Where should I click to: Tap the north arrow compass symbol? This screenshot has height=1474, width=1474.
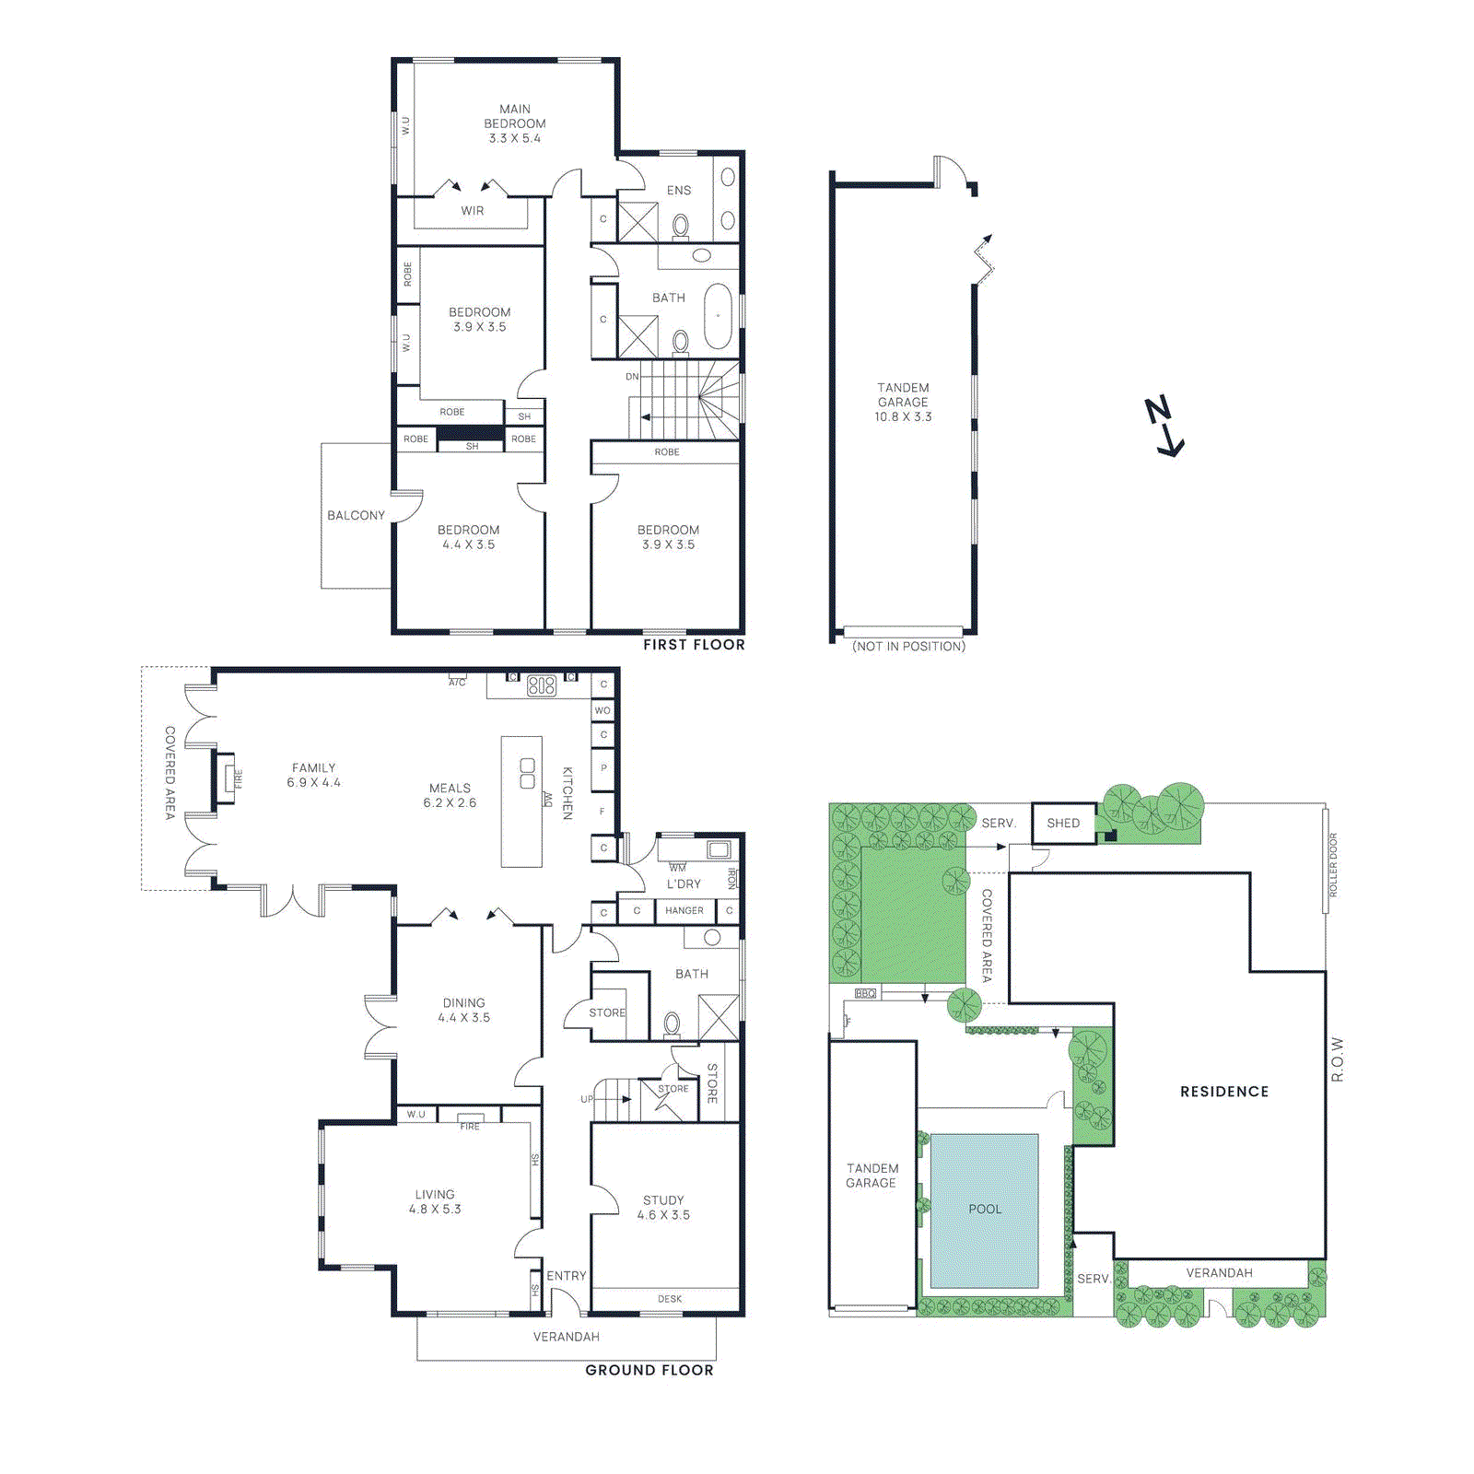point(1164,426)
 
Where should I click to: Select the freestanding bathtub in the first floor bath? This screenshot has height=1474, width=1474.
point(718,316)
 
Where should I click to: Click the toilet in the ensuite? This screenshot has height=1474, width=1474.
point(681,224)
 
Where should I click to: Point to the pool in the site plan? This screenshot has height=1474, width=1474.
point(984,1209)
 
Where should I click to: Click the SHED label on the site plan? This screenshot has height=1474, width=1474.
point(1063,823)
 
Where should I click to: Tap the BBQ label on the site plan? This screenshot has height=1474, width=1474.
point(866,993)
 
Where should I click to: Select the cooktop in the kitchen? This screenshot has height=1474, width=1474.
point(542,685)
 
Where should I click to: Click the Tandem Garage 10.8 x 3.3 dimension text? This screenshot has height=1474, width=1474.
point(903,416)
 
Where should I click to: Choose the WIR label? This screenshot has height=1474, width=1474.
point(473,211)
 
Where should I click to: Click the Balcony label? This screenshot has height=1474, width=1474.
point(356,515)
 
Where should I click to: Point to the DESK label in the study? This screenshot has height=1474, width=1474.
point(670,1299)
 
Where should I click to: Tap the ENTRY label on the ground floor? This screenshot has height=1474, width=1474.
point(566,1276)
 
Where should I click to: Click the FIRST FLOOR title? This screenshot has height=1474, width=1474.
point(694,645)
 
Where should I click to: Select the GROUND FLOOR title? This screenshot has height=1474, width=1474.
point(649,1370)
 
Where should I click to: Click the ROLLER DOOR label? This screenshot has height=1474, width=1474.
point(1332,865)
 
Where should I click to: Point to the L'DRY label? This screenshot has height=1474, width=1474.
point(684,883)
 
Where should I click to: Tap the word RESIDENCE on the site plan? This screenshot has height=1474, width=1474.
point(1224,1092)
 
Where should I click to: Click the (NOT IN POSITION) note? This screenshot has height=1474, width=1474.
point(908,647)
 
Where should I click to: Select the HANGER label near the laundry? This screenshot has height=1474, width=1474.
point(684,910)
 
